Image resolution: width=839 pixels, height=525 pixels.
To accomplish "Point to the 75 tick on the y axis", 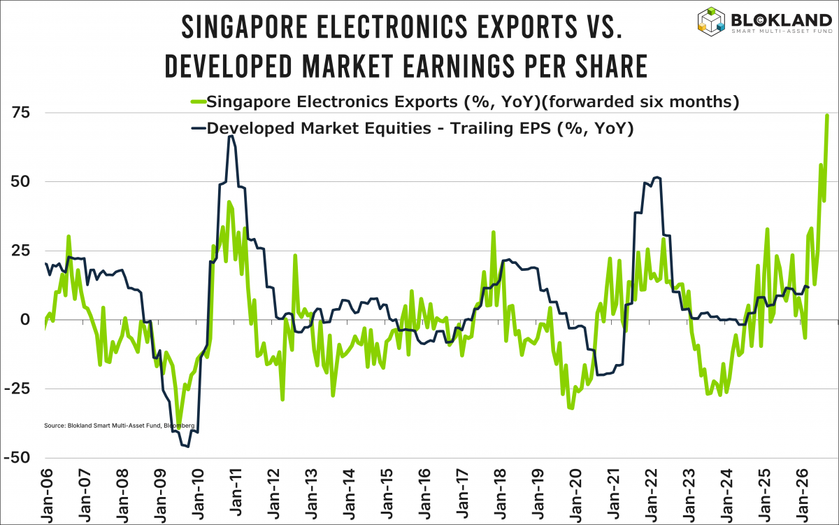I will (x=25, y=113).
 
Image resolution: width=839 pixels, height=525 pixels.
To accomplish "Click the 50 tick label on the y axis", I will (x=25, y=182).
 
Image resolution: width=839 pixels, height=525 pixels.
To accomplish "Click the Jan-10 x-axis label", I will (x=196, y=494).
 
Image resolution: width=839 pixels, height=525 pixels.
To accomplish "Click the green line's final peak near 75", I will (x=827, y=115).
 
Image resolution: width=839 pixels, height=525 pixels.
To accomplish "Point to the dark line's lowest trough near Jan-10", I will (x=187, y=446).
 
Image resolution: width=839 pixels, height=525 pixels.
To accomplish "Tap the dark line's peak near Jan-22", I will (x=657, y=177).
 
